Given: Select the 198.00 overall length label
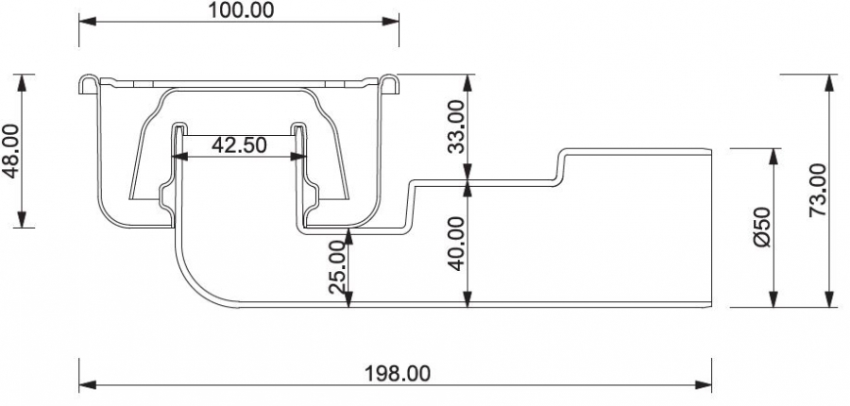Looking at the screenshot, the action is pyautogui.click(x=398, y=373).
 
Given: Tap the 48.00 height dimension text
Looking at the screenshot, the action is pyautogui.click(x=10, y=151).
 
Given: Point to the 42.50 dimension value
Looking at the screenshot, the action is pyautogui.click(x=239, y=144).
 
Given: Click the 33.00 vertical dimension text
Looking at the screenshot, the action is pyautogui.click(x=456, y=127).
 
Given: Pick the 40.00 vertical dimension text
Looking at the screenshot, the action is pyautogui.click(x=456, y=244).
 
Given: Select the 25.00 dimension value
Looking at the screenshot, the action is pyautogui.click(x=336, y=267).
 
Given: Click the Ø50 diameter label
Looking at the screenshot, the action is pyautogui.click(x=761, y=228).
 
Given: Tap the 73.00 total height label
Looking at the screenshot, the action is pyautogui.click(x=817, y=191).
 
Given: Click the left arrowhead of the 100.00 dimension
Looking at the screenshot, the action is pyautogui.click(x=87, y=22).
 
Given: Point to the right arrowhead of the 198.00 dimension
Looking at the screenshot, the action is pyautogui.click(x=703, y=385).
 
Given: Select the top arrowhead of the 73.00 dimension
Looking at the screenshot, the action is pyautogui.click(x=829, y=83).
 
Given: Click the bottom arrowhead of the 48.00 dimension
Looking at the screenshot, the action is pyautogui.click(x=22, y=219).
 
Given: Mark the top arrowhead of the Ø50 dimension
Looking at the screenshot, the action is pyautogui.click(x=773, y=157).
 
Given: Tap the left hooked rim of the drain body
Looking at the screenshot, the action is pyautogui.click(x=89, y=85).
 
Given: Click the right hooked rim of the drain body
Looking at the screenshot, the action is pyautogui.click(x=389, y=85).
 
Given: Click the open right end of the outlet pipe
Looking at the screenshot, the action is pyautogui.click(x=711, y=228).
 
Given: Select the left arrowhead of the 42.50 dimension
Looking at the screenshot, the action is pyautogui.click(x=180, y=157).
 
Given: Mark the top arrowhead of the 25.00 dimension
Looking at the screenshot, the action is pyautogui.click(x=348, y=237).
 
